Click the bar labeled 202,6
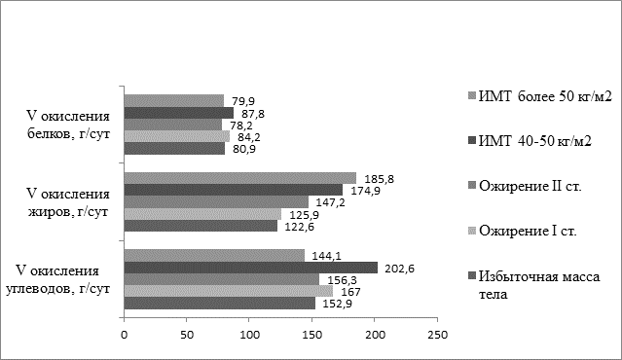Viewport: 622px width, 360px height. pyautogui.click(x=251, y=268)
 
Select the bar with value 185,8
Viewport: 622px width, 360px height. pyautogui.click(x=240, y=178)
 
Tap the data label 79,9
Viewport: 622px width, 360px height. pyautogui.click(x=243, y=101)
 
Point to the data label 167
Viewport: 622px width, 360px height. pyautogui.click(x=350, y=292)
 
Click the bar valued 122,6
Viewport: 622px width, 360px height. pyautogui.click(x=201, y=226)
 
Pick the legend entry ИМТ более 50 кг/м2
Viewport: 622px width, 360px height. pyautogui.click(x=540, y=96)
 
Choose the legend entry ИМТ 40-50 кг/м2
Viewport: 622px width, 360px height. pyautogui.click(x=531, y=141)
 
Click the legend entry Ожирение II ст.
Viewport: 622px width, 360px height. pyautogui.click(x=526, y=186)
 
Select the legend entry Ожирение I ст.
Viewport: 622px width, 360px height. pyautogui.click(x=523, y=231)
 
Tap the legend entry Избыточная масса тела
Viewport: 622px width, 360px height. pyautogui.click(x=534, y=285)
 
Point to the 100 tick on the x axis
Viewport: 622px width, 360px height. pyautogui.click(x=249, y=335)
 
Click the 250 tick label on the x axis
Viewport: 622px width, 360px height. pyautogui.click(x=437, y=335)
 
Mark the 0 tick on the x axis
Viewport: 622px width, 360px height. pyautogui.click(x=125, y=335)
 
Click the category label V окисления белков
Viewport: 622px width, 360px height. pyautogui.click(x=68, y=125)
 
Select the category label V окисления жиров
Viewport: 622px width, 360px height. pyautogui.click(x=68, y=202)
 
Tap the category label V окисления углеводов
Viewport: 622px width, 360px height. pyautogui.click(x=57, y=280)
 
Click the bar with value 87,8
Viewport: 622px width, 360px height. pyautogui.click(x=179, y=113)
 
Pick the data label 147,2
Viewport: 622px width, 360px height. pyautogui.click(x=330, y=202)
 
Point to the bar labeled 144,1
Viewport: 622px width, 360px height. pyautogui.click(x=214, y=255)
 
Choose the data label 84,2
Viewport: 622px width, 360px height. pyautogui.click(x=249, y=137)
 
